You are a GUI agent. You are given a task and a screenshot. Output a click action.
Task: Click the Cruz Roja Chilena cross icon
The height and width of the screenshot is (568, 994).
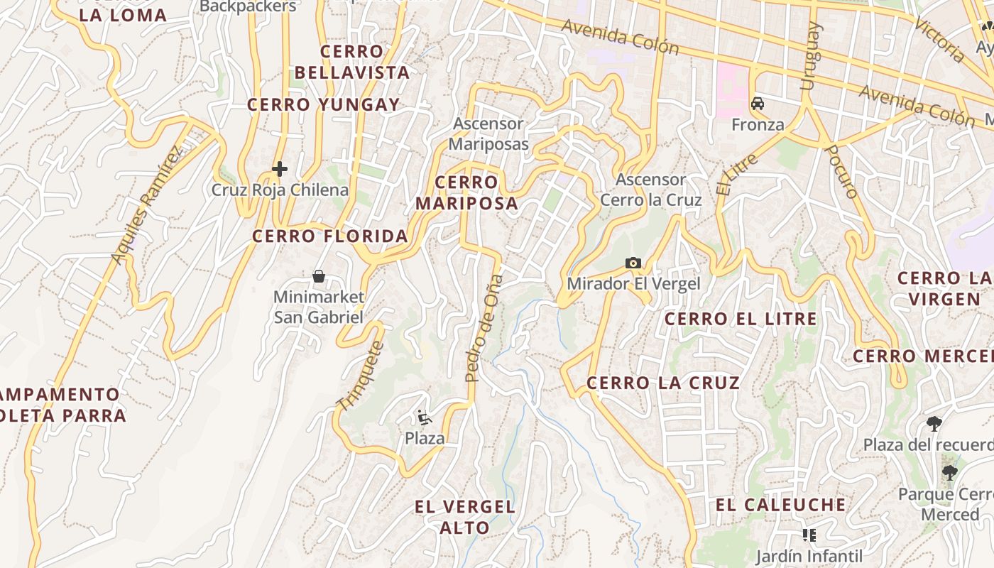point(280,169)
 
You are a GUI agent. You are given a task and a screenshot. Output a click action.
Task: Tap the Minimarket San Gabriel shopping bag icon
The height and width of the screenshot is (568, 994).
point(319,275)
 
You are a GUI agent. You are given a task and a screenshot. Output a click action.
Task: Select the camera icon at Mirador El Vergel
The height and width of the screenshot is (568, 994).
point(633,263)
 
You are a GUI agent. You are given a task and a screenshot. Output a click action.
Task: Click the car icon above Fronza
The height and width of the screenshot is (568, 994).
point(758,104)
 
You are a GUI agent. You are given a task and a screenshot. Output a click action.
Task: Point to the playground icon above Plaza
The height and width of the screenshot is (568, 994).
point(424,417)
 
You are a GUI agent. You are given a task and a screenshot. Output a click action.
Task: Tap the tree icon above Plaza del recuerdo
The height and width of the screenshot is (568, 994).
point(934,424)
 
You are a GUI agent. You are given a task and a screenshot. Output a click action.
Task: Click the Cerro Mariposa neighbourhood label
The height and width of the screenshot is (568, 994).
point(466,193)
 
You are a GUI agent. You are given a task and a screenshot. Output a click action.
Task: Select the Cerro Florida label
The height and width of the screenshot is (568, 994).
point(330,236)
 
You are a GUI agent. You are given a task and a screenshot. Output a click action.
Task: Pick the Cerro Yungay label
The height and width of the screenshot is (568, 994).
point(324,105)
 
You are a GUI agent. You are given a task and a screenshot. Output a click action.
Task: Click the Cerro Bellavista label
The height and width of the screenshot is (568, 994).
point(352,62)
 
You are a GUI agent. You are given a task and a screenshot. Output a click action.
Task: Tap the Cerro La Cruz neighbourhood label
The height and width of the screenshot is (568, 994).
point(663,383)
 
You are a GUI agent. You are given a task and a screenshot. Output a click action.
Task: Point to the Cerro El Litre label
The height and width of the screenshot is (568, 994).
point(741,319)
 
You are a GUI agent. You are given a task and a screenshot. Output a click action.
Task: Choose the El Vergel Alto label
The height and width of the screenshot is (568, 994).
point(465,517)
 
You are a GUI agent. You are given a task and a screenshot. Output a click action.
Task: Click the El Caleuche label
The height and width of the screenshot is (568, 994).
point(781,506)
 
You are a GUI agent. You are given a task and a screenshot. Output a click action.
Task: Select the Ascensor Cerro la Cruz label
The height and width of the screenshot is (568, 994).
point(651,190)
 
